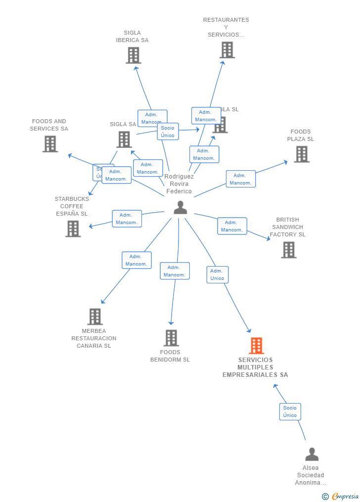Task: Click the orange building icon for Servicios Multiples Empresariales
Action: click(256, 346)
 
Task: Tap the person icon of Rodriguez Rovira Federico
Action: click(180, 208)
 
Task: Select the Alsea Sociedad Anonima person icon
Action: click(312, 454)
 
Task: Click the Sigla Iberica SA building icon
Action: click(133, 55)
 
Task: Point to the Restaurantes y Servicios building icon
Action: click(227, 50)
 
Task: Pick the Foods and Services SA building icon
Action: click(50, 144)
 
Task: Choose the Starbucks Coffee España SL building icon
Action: click(73, 228)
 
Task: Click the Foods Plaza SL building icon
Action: click(302, 154)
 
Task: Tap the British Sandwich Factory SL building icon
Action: click(289, 250)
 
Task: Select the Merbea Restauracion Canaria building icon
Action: click(94, 317)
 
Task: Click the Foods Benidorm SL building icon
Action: click(171, 338)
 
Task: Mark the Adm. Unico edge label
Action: click(218, 274)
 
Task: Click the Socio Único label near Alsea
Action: click(290, 411)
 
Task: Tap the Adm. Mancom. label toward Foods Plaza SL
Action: click(241, 179)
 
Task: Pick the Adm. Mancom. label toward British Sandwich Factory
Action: click(232, 226)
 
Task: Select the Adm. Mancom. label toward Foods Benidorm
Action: click(175, 271)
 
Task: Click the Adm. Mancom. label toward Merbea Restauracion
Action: click(136, 260)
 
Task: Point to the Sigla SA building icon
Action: click(124, 139)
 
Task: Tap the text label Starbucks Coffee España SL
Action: click(72, 206)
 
